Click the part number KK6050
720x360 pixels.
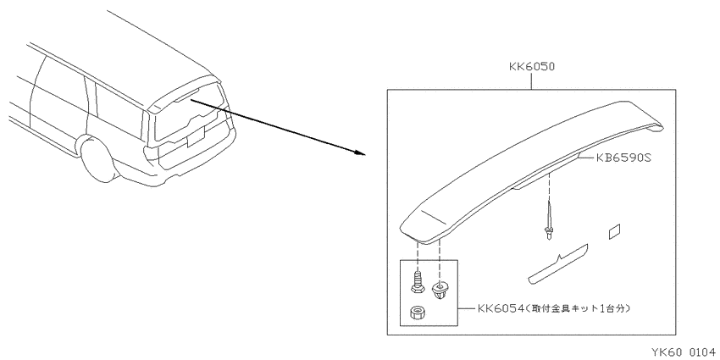[532, 67]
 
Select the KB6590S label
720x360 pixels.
[623, 158]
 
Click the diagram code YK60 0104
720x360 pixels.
[684, 352]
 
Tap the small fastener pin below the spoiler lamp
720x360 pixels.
[548, 220]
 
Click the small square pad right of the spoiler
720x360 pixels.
[615, 232]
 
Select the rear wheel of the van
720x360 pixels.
[98, 161]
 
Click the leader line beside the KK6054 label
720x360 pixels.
[466, 308]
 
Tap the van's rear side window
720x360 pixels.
[119, 109]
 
